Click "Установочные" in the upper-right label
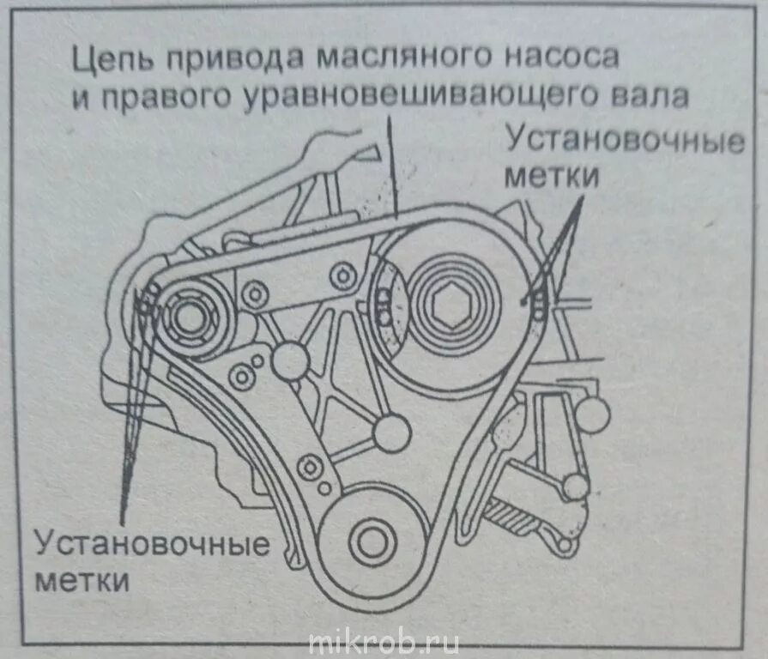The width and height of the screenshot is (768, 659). point(624,139)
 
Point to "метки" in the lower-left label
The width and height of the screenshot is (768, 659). point(82,581)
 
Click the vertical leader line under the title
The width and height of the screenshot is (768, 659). point(390,172)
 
